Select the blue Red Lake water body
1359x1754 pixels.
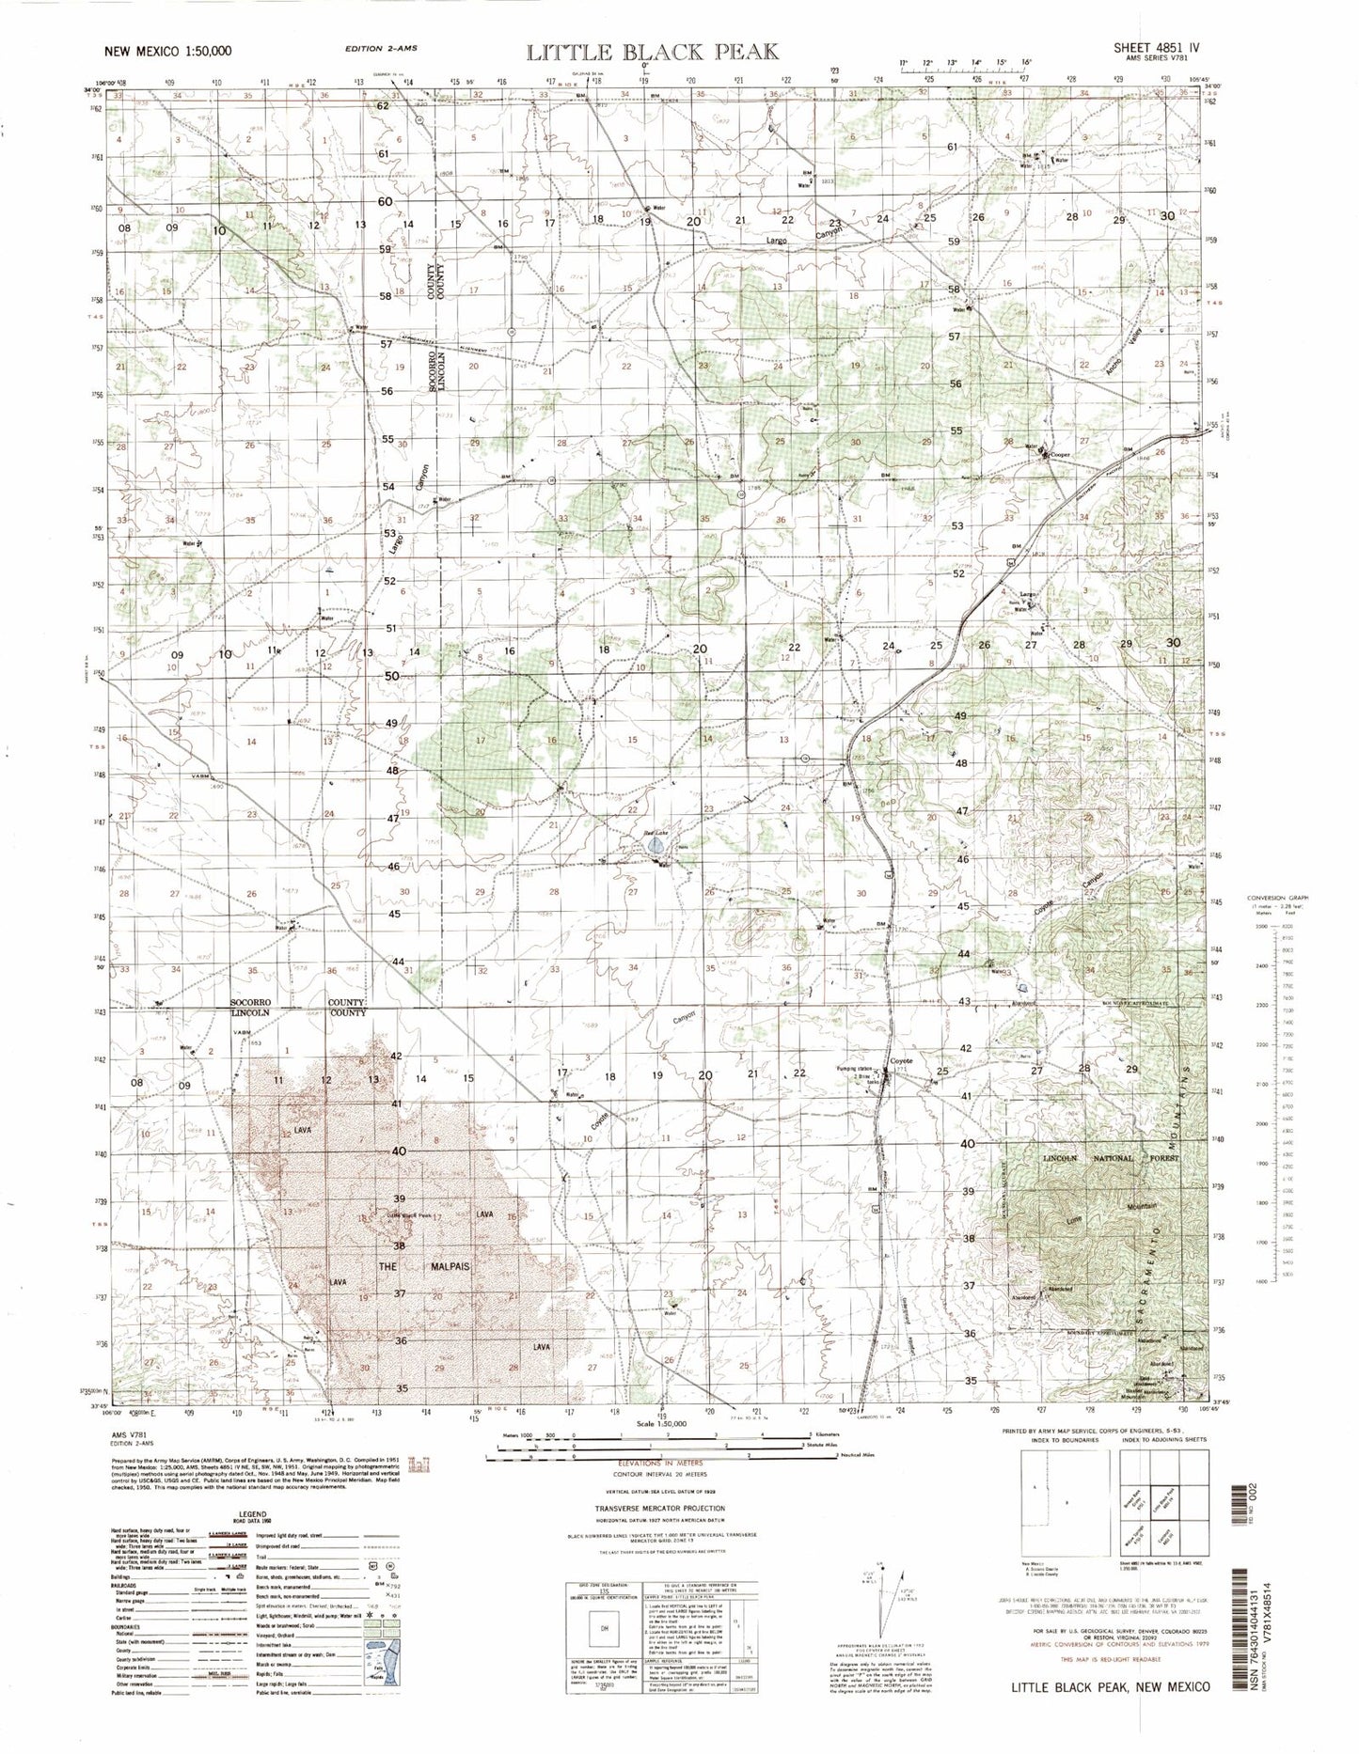click(x=656, y=849)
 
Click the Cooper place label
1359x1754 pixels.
click(x=1062, y=455)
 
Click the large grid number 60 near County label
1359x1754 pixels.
click(x=384, y=202)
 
